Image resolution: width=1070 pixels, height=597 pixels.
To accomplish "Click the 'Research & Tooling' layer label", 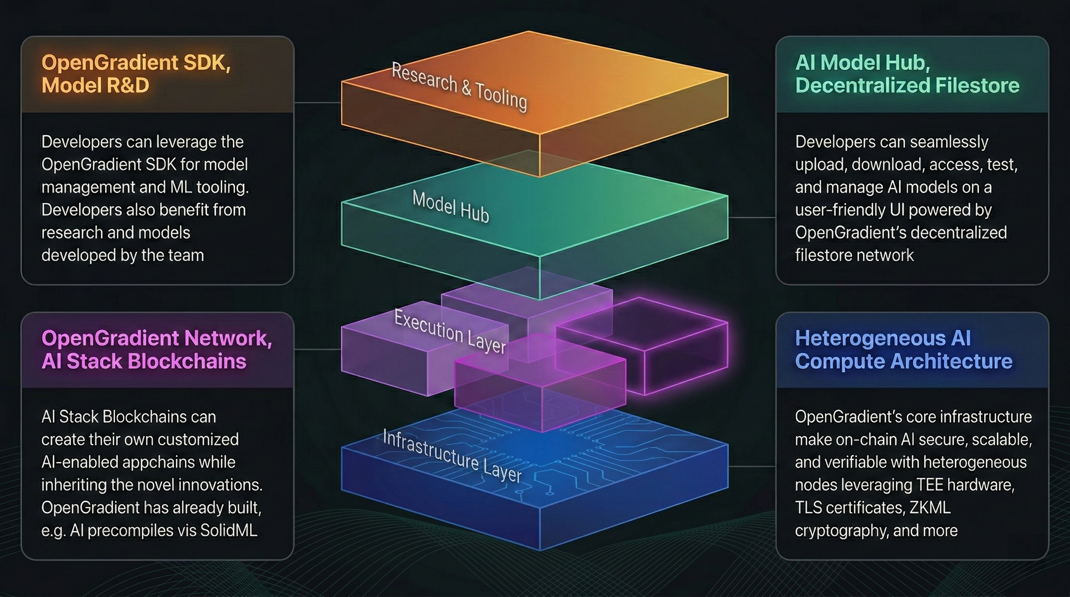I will pyautogui.click(x=459, y=87).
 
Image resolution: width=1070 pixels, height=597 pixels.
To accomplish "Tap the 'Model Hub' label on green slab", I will pyautogui.click(x=451, y=207).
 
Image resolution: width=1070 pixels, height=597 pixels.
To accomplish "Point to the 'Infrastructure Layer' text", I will pyautogui.click(x=452, y=456).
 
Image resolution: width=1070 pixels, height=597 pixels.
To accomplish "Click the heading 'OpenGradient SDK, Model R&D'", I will pyautogui.click(x=136, y=74).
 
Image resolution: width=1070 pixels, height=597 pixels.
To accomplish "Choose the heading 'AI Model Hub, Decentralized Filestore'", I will pyautogui.click(x=907, y=74).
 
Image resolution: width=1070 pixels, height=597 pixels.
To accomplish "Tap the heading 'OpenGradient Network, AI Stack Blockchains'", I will pyautogui.click(x=157, y=349).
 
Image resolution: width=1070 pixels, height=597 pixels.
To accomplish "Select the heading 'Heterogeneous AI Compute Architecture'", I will pyautogui.click(x=904, y=349).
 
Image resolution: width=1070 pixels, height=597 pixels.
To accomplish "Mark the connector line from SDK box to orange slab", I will pyautogui.click(x=317, y=102).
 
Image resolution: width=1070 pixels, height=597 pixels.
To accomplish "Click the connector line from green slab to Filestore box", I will pyautogui.click(x=752, y=217).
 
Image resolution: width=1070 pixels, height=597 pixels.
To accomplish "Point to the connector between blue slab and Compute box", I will pyautogui.click(x=752, y=466).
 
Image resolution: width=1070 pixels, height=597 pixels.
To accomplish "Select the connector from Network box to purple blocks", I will pyautogui.click(x=317, y=349).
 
